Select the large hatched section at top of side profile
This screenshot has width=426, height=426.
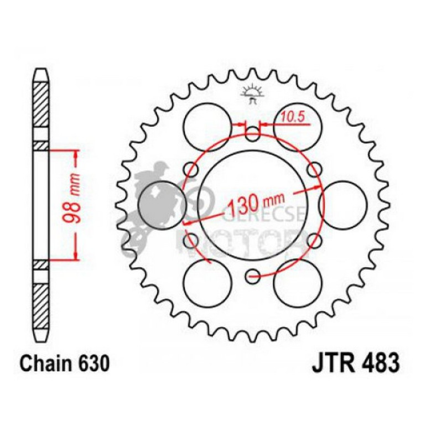41,108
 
